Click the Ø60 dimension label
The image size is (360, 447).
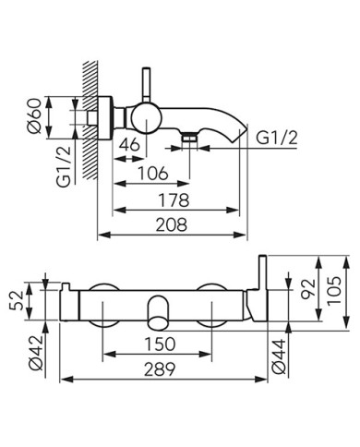pos(34,115)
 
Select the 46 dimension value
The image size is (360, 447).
pos(129,144)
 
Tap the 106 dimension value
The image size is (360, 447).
pos(152,174)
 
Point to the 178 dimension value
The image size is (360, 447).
pos(174,200)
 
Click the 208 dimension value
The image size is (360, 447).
pos(172,224)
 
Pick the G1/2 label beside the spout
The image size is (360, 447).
pos(277,138)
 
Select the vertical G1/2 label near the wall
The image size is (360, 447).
pos(64,166)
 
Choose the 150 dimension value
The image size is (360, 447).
pos(160,344)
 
